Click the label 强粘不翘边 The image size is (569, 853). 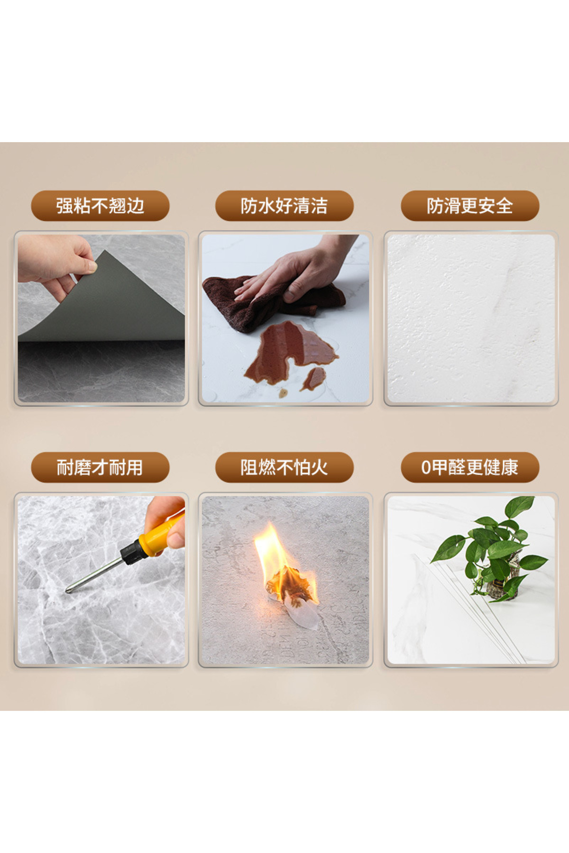point(100,206)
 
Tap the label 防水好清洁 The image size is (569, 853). point(284,206)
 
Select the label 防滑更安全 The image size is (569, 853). point(470,206)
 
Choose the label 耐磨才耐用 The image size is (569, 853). point(100,468)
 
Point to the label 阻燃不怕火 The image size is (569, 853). point(284,468)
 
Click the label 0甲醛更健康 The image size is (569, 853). point(470,468)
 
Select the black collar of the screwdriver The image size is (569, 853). point(131,552)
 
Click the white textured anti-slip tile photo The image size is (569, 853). point(471,318)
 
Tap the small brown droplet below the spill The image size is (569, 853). point(283,393)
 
